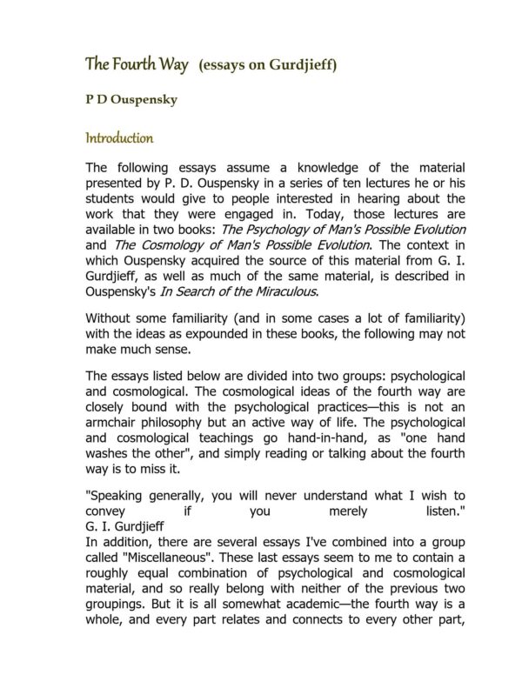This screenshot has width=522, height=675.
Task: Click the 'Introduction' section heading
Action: (x=119, y=138)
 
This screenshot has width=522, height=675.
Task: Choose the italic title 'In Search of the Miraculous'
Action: (x=244, y=291)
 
